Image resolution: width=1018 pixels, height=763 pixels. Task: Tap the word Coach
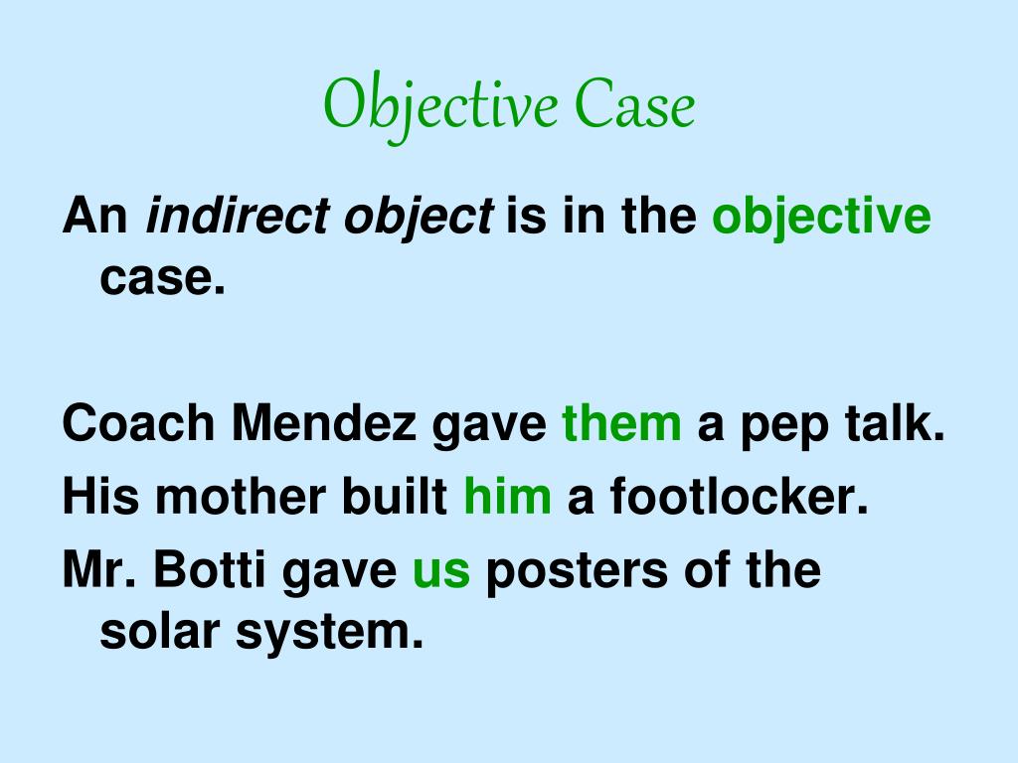point(138,424)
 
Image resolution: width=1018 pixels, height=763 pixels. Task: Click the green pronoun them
point(621,424)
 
